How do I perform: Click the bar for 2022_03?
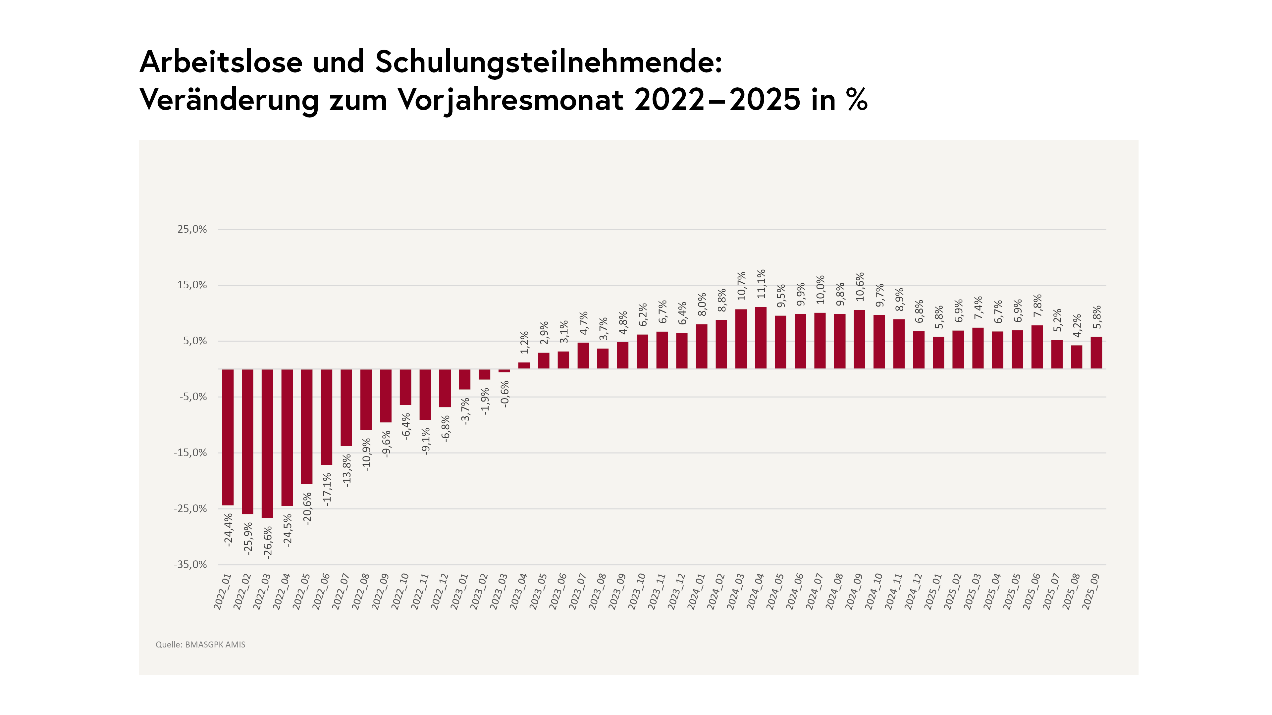(x=267, y=443)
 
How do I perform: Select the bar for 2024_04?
(x=761, y=338)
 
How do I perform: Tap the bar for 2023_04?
(x=524, y=366)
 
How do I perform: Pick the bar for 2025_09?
(x=1096, y=353)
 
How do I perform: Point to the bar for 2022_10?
(x=405, y=387)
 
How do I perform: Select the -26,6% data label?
(x=267, y=542)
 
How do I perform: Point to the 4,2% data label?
(x=1077, y=326)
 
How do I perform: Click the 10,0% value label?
(x=820, y=290)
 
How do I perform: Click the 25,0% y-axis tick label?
(x=192, y=229)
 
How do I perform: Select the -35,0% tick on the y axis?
(x=190, y=564)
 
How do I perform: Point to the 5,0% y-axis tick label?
(x=195, y=341)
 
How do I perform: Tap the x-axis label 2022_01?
(x=223, y=591)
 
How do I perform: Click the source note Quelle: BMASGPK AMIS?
(x=200, y=644)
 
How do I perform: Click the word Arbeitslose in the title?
(x=221, y=63)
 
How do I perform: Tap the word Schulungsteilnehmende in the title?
(x=548, y=63)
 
